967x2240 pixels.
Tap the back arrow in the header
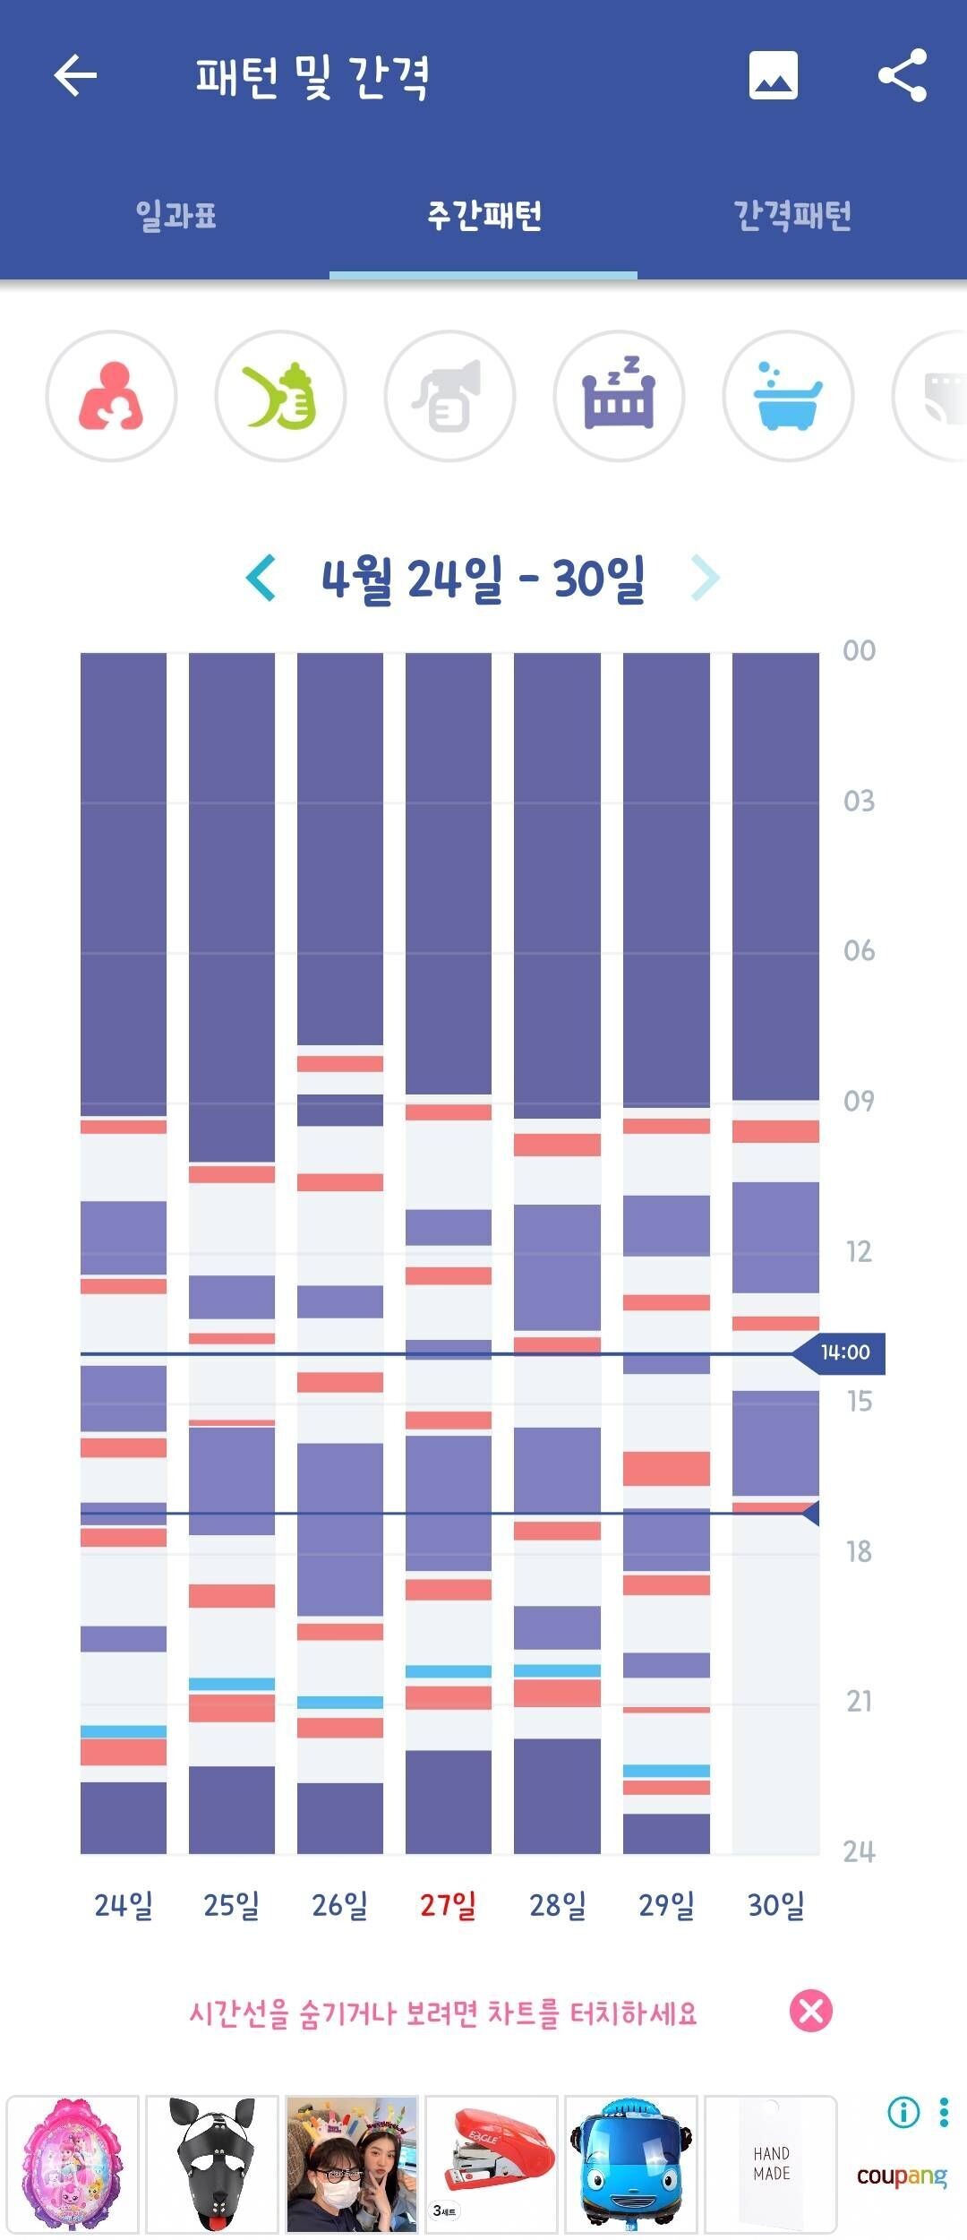(75, 75)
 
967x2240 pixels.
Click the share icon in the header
(902, 75)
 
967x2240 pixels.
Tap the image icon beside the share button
(773, 75)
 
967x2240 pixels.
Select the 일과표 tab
(175, 216)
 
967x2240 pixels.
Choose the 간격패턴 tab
(792, 216)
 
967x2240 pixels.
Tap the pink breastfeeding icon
(111, 396)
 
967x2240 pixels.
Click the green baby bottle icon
(280, 396)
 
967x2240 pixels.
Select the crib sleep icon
(619, 396)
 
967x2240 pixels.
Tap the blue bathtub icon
(788, 396)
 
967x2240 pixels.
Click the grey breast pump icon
(449, 396)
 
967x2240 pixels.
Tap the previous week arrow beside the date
(261, 578)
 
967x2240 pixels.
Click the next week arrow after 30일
(705, 578)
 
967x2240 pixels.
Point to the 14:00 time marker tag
(844, 1352)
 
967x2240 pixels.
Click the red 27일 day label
(448, 1905)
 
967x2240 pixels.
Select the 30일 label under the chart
(775, 1905)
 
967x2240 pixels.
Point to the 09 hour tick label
(859, 1101)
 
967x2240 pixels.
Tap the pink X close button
(810, 2012)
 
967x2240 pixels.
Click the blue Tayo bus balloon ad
(631, 2164)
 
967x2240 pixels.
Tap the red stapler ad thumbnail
(491, 2164)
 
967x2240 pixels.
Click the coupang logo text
(901, 2176)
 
